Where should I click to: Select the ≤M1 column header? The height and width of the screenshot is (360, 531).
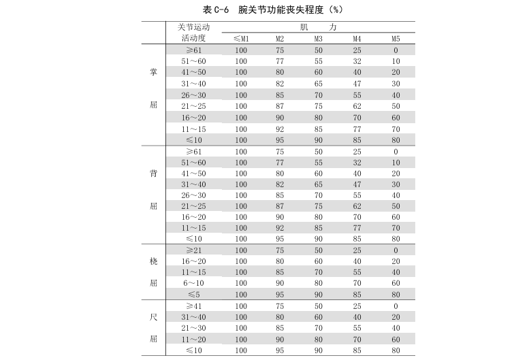[241, 39]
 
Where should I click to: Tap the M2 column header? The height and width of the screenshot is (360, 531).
[280, 39]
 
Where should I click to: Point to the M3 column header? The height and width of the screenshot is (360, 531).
[318, 39]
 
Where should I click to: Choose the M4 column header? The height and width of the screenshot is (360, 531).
[357, 39]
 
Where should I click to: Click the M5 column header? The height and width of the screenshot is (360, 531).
[396, 39]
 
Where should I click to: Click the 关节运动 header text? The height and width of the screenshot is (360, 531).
[194, 27]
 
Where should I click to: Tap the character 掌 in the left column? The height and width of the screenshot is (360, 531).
[153, 73]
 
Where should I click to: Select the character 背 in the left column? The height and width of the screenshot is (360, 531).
[153, 173]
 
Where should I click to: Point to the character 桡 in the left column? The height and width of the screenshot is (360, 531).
[153, 261]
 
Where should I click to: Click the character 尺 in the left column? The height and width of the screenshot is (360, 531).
[153, 317]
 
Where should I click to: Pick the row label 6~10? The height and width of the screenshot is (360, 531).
[194, 283]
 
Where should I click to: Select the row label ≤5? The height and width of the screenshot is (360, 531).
[194, 295]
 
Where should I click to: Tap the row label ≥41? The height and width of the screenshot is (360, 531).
[194, 306]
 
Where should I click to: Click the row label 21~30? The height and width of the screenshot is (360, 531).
[194, 328]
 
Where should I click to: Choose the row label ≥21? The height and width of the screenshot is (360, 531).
[194, 250]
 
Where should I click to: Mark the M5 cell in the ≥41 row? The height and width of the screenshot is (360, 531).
[396, 306]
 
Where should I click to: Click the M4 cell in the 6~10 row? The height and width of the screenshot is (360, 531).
[357, 283]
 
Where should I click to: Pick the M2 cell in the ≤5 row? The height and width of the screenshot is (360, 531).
[280, 295]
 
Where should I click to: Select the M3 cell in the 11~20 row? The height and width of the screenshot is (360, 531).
[318, 339]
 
